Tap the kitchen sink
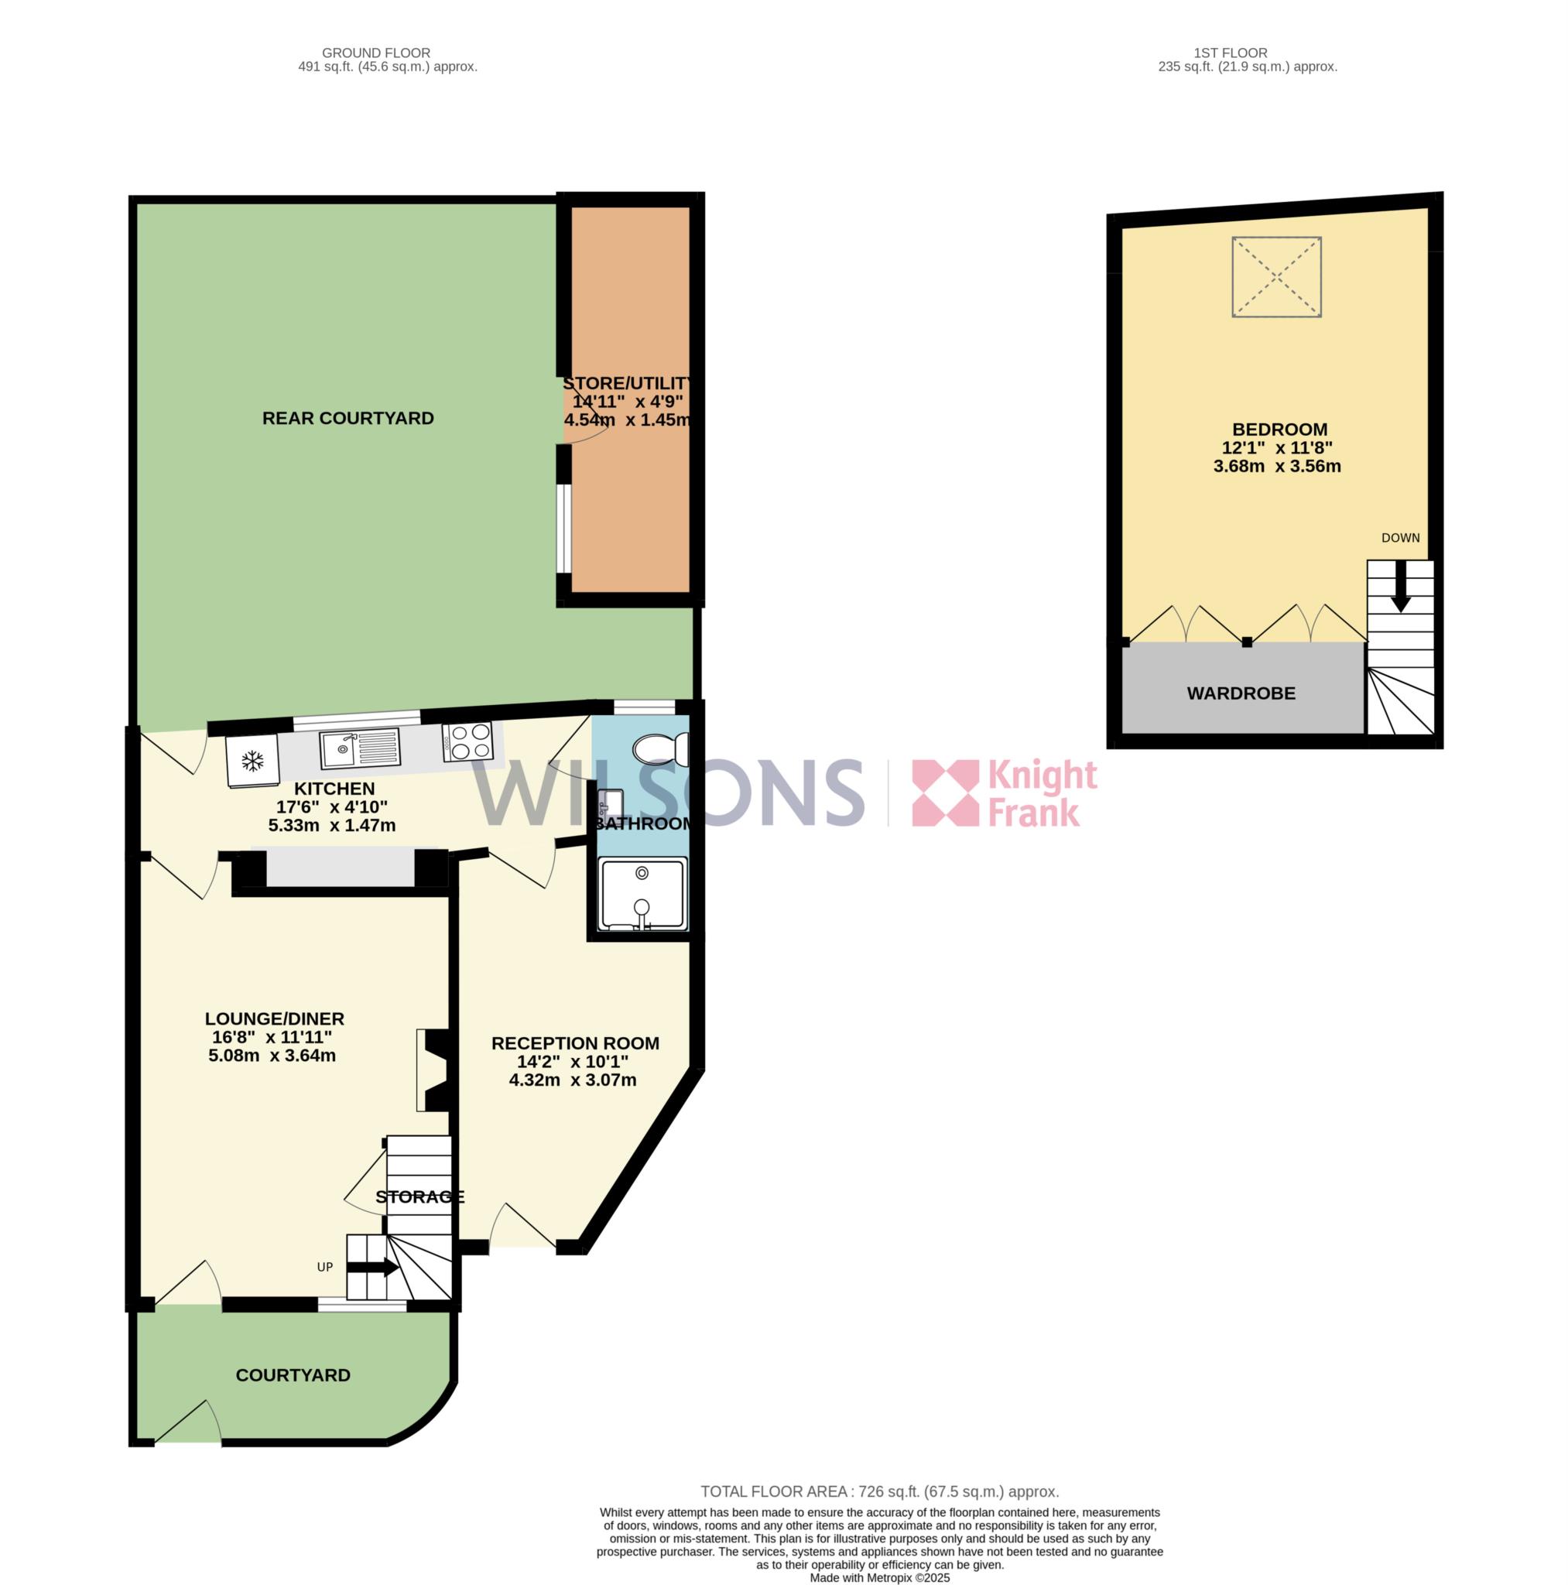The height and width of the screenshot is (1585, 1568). tap(360, 749)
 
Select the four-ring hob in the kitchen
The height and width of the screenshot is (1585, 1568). tap(467, 741)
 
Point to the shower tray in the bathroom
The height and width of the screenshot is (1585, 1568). tap(642, 894)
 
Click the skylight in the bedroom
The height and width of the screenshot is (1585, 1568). tap(1277, 276)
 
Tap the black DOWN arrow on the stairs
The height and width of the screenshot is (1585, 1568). tap(1401, 586)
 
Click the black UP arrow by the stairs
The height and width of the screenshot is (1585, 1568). tap(373, 1268)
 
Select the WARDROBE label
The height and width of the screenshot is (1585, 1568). tap(1241, 693)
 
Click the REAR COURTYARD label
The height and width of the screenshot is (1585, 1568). tap(348, 419)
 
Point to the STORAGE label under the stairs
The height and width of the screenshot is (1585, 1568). tap(420, 1197)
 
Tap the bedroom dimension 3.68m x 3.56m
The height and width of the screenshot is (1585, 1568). tap(1277, 467)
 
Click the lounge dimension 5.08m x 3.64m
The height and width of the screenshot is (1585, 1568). tap(272, 1056)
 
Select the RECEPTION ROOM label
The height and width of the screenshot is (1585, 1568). tap(575, 1043)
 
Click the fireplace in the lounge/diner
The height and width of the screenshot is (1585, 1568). tap(433, 1070)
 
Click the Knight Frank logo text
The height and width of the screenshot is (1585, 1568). tap(1042, 792)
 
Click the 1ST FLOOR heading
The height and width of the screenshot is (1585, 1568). tap(1230, 53)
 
